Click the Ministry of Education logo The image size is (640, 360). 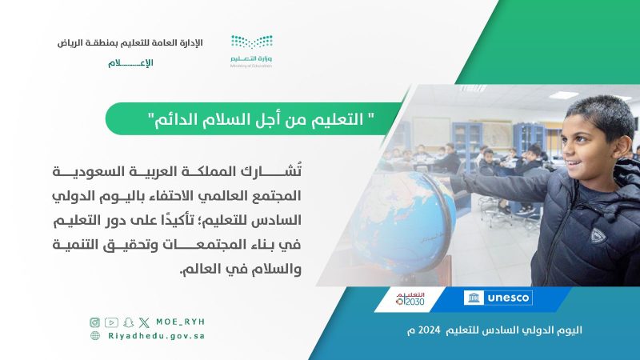point(251,51)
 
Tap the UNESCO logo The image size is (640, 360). point(498,298)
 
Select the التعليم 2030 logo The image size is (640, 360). point(410,298)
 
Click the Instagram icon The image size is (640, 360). point(94,322)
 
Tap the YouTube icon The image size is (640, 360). point(111,322)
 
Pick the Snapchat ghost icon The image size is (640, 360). point(129,322)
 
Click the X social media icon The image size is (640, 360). point(144,323)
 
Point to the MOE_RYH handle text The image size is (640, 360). point(181,322)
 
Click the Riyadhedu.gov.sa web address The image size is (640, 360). point(156,336)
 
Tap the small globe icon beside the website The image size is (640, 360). point(95,335)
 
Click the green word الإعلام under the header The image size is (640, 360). point(130,63)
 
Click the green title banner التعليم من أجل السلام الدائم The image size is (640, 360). point(253,118)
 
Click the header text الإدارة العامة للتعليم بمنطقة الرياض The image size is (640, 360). point(130,43)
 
